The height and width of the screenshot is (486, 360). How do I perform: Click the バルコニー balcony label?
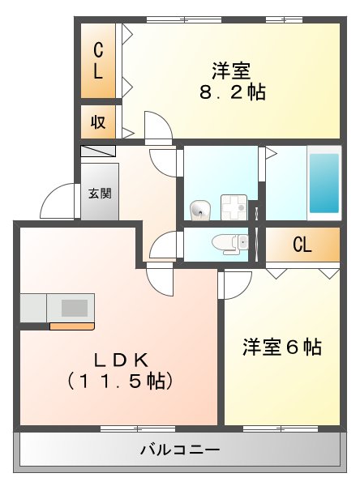(x=179, y=449)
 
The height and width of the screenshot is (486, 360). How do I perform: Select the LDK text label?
(x=118, y=358)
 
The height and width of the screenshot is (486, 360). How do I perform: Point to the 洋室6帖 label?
(x=282, y=347)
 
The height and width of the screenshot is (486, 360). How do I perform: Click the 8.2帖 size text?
(x=234, y=91)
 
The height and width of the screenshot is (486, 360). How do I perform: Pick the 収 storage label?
(x=98, y=123)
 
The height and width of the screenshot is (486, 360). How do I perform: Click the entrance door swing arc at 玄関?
(x=57, y=202)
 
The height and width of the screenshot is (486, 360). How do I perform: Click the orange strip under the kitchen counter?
(x=71, y=326)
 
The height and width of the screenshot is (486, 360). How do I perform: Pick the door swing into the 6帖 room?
(x=235, y=284)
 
